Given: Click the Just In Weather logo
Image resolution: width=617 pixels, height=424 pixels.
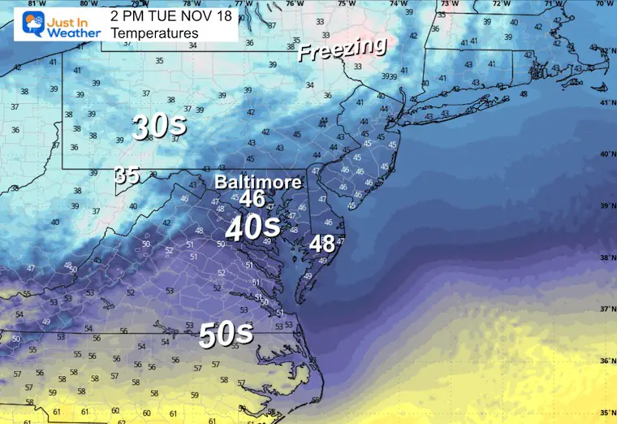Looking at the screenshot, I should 53,24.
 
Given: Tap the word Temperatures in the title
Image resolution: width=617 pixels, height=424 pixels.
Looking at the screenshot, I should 154,33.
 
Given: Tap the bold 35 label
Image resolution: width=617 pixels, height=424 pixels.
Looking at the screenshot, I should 126,175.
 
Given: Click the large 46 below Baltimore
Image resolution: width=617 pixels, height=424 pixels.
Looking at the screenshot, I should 252,197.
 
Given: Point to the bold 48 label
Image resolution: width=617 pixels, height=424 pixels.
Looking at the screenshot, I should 321,243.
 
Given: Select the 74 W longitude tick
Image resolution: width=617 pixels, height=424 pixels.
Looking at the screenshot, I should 399,4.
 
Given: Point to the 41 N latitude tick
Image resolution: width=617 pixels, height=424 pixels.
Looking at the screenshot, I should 605,102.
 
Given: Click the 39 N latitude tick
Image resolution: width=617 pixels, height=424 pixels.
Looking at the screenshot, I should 605,207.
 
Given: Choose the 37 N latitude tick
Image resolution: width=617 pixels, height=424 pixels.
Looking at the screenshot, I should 605,309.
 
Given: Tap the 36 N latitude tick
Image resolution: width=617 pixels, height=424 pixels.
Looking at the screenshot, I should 605,361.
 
